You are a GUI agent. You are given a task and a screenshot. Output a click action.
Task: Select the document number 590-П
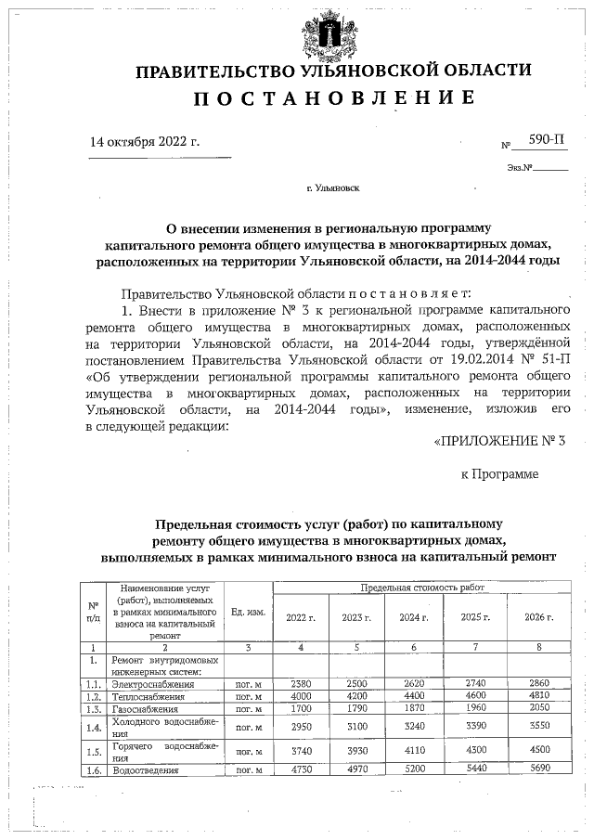pyautogui.click(x=546, y=141)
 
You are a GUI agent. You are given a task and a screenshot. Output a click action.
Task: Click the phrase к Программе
pyautogui.click(x=499, y=474)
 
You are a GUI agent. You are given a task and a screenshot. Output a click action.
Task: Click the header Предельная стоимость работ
pyautogui.click(x=422, y=588)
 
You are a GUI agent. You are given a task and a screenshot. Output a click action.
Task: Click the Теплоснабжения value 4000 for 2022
pyautogui.click(x=300, y=695)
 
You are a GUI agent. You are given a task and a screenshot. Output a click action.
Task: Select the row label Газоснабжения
pyautogui.click(x=147, y=707)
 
